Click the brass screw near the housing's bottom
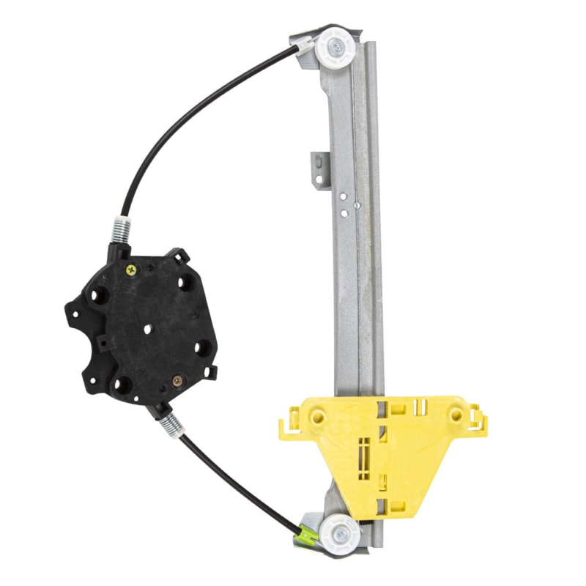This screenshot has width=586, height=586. tap(177, 380)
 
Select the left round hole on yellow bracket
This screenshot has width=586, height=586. tap(317, 417)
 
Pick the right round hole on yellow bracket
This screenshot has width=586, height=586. tap(456, 415)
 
